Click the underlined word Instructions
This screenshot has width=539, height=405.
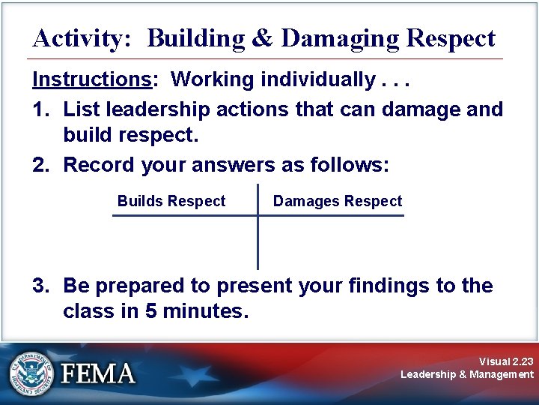click(89, 79)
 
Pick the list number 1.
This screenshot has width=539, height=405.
click(40, 109)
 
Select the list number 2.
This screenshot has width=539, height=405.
click(40, 165)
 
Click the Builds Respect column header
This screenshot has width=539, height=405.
click(171, 201)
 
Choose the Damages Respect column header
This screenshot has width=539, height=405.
click(337, 201)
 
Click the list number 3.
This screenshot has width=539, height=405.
click(40, 286)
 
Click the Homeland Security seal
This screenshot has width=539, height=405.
click(31, 373)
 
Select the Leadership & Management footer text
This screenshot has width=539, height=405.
click(467, 374)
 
